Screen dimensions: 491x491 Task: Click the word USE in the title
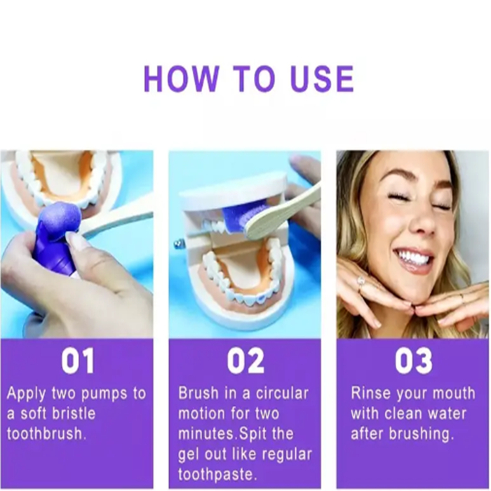(x=322, y=79)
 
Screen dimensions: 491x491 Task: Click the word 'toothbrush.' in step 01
(x=46, y=433)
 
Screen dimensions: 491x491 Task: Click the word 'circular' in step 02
(x=282, y=394)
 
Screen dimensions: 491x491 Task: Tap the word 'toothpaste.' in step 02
(x=217, y=474)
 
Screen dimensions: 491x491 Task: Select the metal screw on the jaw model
(x=178, y=243)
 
